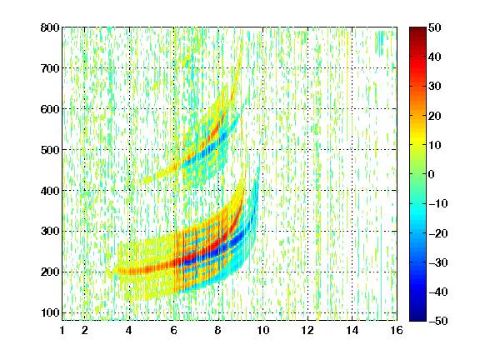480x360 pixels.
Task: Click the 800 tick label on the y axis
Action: (50, 27)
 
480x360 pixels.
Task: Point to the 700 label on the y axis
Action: (50, 68)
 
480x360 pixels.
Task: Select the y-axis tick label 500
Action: (50, 150)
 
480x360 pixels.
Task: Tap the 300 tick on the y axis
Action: (50, 232)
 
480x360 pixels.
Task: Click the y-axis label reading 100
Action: (50, 312)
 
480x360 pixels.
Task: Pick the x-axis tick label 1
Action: (62, 330)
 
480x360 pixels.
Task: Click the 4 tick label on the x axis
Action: (129, 330)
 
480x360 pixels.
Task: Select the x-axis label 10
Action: (262, 330)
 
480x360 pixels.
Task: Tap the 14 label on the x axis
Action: (352, 330)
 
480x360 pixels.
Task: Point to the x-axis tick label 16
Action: (397, 330)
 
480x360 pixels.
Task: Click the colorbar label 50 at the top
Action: (434, 27)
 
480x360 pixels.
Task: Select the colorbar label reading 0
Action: (432, 174)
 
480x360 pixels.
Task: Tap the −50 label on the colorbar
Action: (438, 321)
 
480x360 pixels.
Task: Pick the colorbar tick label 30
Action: (434, 87)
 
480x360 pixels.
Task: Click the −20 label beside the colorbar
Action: (438, 233)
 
